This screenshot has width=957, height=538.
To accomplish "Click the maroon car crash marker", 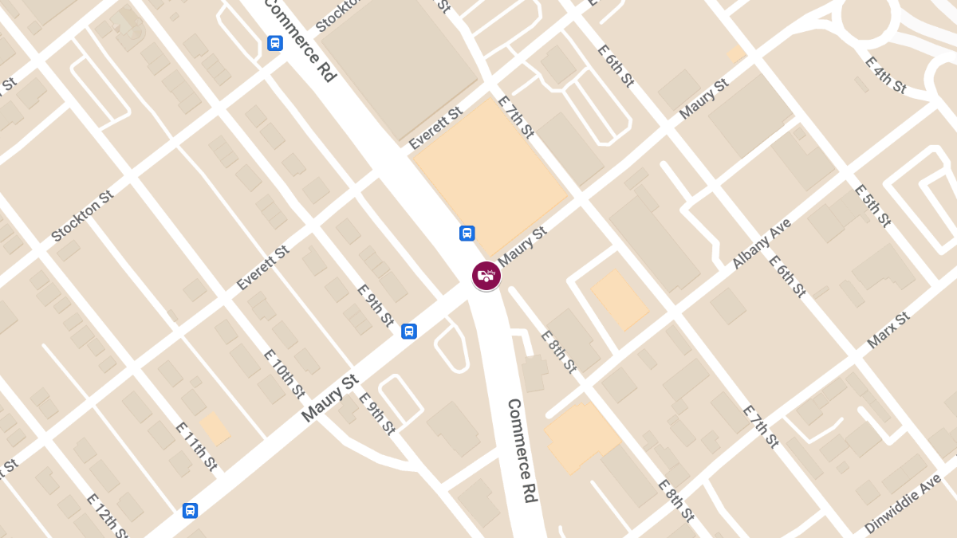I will click(x=486, y=276).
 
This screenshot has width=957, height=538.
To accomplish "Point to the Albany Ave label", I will click(x=761, y=243).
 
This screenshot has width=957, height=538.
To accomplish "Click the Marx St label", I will click(x=888, y=330).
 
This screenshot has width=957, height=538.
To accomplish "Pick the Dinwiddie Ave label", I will click(x=903, y=506).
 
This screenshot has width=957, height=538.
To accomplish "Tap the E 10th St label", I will click(x=285, y=373).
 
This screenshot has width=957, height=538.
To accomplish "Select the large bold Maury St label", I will click(x=331, y=399).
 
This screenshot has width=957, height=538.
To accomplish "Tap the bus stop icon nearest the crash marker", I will click(x=467, y=234).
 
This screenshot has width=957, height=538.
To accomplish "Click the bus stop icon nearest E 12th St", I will click(x=190, y=511).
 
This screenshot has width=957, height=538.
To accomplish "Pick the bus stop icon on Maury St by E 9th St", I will click(x=409, y=331).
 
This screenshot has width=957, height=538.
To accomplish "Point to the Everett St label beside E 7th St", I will click(x=435, y=128).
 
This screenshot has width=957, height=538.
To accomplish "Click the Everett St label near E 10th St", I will click(x=262, y=268).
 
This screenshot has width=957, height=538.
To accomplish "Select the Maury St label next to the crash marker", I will click(x=522, y=245).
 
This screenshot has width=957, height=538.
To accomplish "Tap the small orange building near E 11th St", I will click(x=215, y=427).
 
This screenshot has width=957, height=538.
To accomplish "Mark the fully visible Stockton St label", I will click(x=82, y=215).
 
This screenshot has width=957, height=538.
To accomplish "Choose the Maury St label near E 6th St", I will click(x=703, y=99).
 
